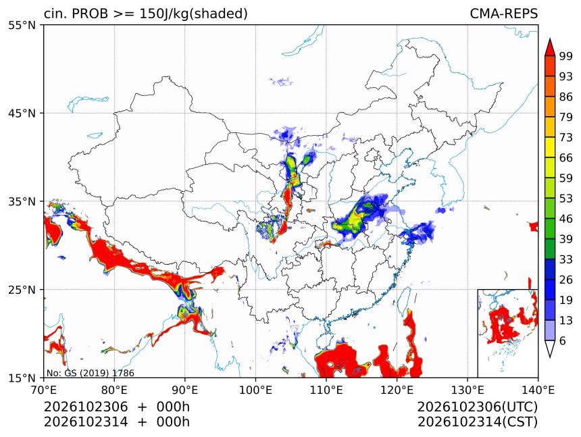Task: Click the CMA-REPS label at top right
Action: click(x=503, y=14)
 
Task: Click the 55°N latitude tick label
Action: click(x=22, y=26)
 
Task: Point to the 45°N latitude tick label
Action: click(x=22, y=113)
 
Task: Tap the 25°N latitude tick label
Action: click(x=22, y=290)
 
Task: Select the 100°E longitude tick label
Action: click(x=255, y=390)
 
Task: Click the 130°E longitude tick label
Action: click(x=468, y=390)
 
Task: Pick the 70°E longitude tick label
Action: click(x=44, y=390)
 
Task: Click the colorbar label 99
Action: click(x=566, y=56)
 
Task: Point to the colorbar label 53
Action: click(x=566, y=199)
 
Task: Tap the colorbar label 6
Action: click(x=563, y=340)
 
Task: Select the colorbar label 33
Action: click(x=566, y=259)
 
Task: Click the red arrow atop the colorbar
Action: click(x=550, y=47)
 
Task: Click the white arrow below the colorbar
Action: click(x=550, y=349)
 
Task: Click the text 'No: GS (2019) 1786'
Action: click(x=91, y=373)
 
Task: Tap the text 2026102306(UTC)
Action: click(x=477, y=407)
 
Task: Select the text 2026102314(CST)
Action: click(x=477, y=422)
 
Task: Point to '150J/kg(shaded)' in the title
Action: click(x=193, y=14)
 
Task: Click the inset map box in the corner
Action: click(x=507, y=333)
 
